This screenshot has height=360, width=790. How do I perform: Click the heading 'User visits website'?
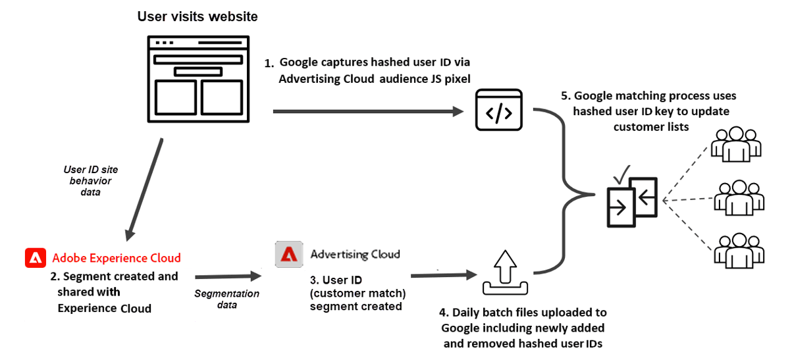(x=197, y=16)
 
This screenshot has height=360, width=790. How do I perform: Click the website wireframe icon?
(x=197, y=79)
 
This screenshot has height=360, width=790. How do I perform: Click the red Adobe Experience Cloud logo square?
(x=35, y=258)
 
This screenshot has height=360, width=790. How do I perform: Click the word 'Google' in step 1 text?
(x=300, y=63)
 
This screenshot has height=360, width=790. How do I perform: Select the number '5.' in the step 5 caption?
(x=565, y=96)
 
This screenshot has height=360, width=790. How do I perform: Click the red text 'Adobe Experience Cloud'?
(x=117, y=258)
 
